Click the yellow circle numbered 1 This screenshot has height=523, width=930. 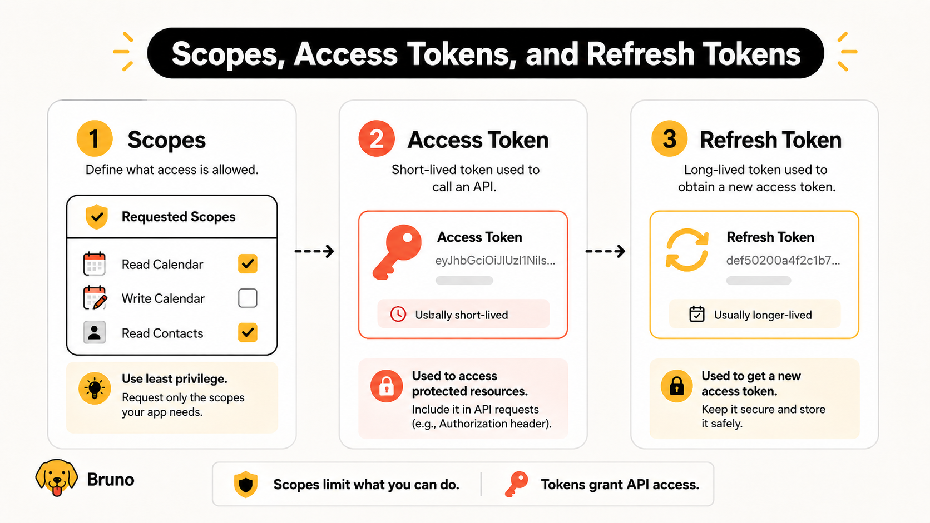(x=95, y=138)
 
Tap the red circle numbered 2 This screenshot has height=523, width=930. (x=377, y=138)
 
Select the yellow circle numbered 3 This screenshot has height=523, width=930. (x=669, y=138)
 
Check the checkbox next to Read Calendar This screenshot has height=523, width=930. (x=248, y=264)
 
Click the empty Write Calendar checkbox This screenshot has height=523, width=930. (x=248, y=298)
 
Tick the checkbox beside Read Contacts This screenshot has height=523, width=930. (x=248, y=332)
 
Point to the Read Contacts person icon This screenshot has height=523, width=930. (x=94, y=332)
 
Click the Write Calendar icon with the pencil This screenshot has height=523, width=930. (x=95, y=298)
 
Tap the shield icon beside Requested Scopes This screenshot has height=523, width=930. (x=97, y=217)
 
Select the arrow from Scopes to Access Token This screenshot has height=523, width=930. (x=314, y=251)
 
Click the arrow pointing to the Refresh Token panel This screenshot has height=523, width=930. (x=605, y=251)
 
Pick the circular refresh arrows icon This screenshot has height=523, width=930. (x=687, y=250)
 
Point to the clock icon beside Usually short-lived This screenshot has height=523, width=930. (x=398, y=315)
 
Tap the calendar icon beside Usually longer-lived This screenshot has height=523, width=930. (x=697, y=314)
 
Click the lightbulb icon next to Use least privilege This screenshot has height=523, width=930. (x=95, y=388)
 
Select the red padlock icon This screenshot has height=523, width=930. (x=387, y=386)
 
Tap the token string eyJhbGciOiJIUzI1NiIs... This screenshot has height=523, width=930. (x=495, y=261)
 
